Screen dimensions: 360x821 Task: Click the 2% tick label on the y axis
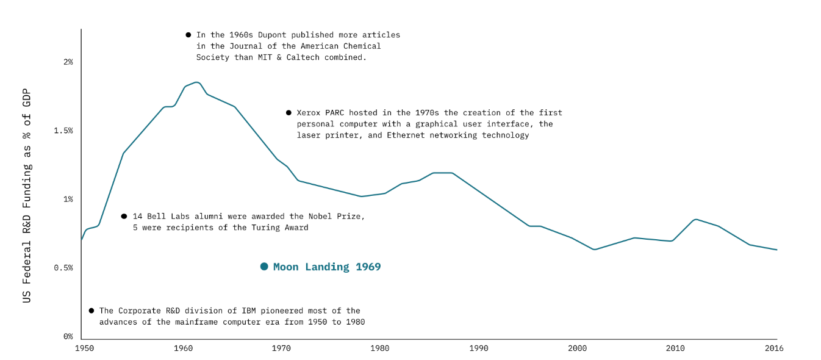pyautogui.click(x=67, y=62)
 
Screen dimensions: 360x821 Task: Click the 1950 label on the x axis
pyautogui.click(x=85, y=348)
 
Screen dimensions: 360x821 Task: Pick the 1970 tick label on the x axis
pyautogui.click(x=282, y=348)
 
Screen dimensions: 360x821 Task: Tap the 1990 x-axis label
pyautogui.click(x=479, y=348)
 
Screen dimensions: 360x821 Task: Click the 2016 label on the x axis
pyautogui.click(x=774, y=348)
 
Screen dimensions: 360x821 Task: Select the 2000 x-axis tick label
pyautogui.click(x=577, y=348)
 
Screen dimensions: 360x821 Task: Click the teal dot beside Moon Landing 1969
pyautogui.click(x=264, y=267)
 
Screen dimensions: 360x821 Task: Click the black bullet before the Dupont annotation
pyautogui.click(x=188, y=35)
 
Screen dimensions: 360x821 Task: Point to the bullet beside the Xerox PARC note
pyautogui.click(x=289, y=113)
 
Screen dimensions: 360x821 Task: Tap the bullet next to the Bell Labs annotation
pyautogui.click(x=124, y=216)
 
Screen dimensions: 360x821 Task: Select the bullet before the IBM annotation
pyautogui.click(x=91, y=311)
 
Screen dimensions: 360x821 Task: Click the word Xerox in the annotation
pyautogui.click(x=309, y=113)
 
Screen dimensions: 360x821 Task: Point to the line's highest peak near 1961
pyautogui.click(x=196, y=82)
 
